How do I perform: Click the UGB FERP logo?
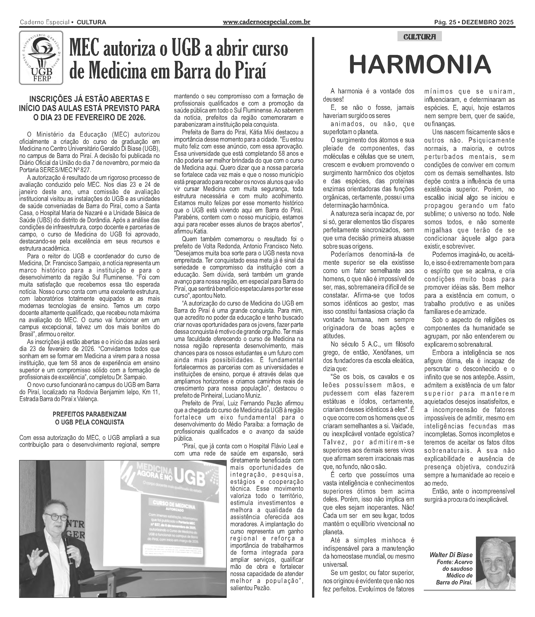point(41,58)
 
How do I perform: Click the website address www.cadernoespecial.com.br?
point(266,22)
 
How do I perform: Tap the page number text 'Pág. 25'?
point(445,22)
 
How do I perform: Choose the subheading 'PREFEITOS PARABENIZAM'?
point(90,414)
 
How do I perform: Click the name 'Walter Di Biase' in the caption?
point(451,555)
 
